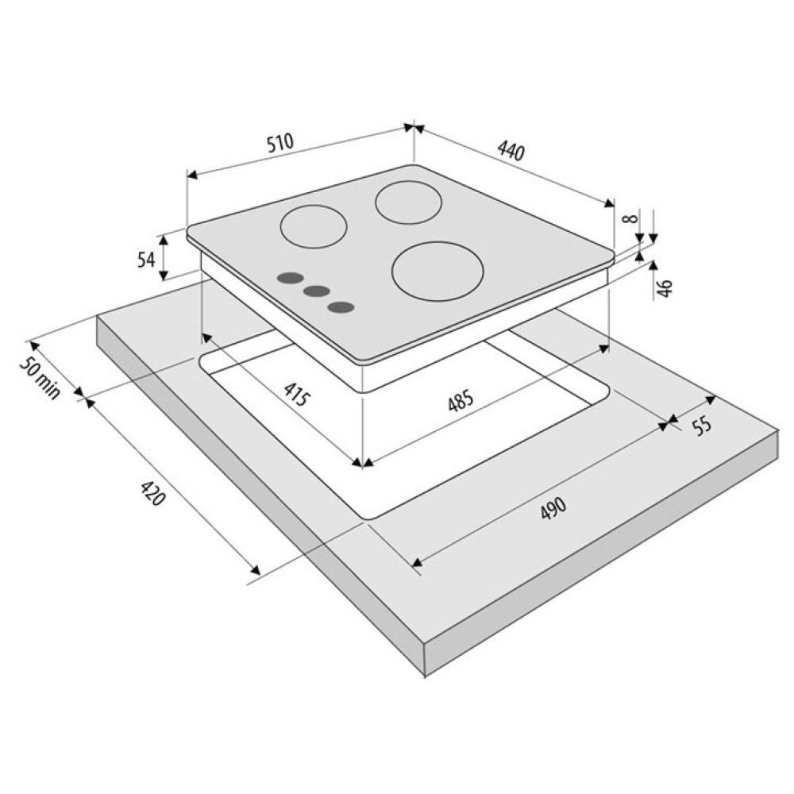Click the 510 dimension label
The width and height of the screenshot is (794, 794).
click(280, 142)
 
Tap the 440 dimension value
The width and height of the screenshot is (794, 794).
click(511, 150)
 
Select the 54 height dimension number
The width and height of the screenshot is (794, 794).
click(146, 260)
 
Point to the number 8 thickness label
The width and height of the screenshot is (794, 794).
click(630, 218)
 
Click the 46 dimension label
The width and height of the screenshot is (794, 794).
click(665, 287)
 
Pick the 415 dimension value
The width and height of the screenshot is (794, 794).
click(296, 395)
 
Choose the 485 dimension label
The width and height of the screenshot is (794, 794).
click(461, 400)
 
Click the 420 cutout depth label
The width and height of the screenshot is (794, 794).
click(152, 493)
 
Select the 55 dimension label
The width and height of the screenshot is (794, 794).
click(702, 426)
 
